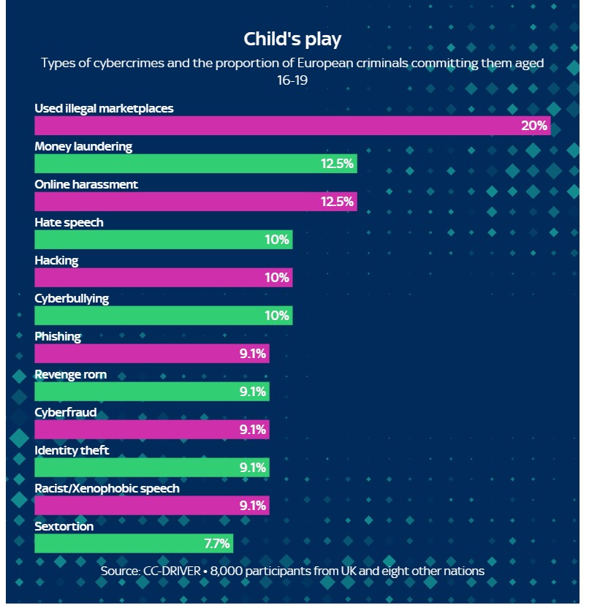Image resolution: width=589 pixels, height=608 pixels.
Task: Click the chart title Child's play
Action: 292,38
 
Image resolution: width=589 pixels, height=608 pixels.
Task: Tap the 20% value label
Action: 534,126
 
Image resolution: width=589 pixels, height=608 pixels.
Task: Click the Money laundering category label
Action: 83,146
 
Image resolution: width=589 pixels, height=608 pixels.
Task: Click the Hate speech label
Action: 69,222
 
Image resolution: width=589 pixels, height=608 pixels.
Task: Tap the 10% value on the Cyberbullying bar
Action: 277,316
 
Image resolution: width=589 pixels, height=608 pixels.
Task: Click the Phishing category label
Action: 58,336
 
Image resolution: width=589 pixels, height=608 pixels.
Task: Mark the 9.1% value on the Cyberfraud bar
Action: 253,430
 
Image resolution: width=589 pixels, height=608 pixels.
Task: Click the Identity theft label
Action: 72,450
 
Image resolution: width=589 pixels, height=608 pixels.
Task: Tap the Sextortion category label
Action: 64,526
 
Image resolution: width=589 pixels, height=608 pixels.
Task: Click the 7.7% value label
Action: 217,544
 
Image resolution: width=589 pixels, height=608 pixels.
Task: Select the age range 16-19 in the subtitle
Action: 292,80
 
